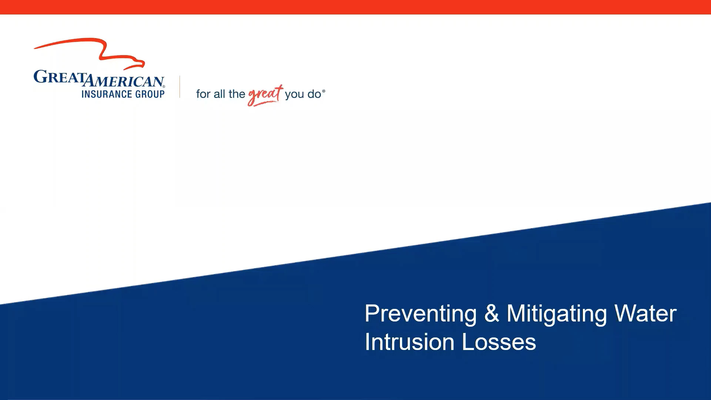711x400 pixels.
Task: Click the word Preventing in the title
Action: [420, 314]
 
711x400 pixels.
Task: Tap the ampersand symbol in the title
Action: [491, 313]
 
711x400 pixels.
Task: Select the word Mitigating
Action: [557, 314]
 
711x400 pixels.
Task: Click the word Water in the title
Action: [645, 313]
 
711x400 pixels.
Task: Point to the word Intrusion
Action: [409, 342]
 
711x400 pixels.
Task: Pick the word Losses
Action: [499, 342]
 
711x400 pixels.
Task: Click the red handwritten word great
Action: [264, 95]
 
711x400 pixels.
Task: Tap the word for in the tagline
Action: [203, 94]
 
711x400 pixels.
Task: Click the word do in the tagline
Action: [314, 94]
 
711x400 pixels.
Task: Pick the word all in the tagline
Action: [219, 94]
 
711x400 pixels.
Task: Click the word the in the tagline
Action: [237, 94]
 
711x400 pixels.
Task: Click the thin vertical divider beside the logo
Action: [180, 87]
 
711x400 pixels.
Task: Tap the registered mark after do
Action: [324, 91]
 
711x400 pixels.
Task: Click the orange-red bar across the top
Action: [355, 7]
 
